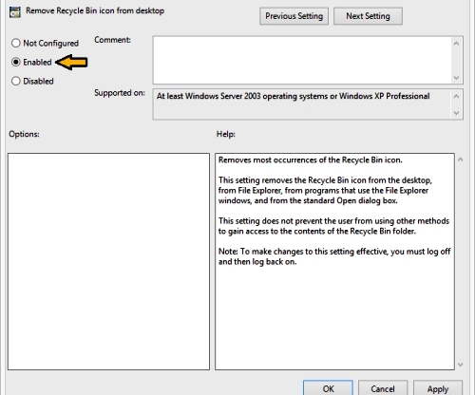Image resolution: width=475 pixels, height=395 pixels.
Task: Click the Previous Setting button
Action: [294, 16]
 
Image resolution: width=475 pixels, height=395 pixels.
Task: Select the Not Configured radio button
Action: [16, 43]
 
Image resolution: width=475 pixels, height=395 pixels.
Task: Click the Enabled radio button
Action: [16, 62]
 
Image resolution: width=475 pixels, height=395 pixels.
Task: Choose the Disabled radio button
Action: [16, 81]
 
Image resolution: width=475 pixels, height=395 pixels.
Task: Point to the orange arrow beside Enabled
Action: [71, 62]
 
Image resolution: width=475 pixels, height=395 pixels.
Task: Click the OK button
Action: [328, 388]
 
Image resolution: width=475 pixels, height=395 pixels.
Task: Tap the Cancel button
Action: [383, 388]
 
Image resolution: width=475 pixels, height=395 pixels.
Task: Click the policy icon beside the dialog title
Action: [15, 12]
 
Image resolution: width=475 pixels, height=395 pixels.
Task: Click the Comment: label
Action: [112, 40]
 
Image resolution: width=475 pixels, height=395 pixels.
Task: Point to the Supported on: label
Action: [120, 93]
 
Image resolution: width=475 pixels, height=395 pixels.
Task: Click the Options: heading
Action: [24, 134]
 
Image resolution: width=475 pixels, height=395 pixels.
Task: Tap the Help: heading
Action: [226, 134]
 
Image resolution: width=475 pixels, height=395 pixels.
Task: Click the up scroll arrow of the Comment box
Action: [456, 43]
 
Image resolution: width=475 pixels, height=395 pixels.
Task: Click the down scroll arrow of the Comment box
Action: [456, 78]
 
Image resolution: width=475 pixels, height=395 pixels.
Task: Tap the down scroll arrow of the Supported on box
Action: [456, 113]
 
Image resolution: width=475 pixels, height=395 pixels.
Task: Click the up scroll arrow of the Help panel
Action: [461, 160]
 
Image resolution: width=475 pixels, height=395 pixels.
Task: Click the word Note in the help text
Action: [228, 252]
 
